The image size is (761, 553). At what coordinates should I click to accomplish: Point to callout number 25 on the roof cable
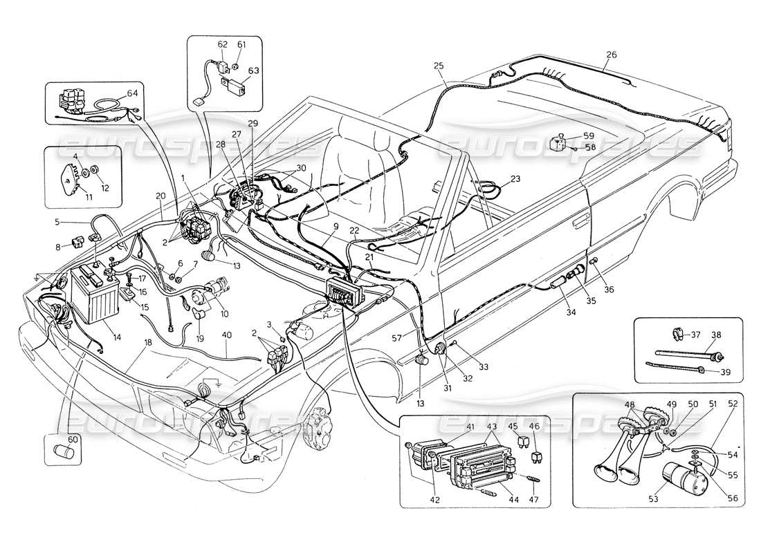(439, 66)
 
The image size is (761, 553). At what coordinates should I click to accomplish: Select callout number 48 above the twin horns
(630, 404)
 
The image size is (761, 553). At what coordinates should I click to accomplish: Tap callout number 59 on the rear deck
(588, 136)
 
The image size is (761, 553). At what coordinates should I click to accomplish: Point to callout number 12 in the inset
(105, 188)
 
